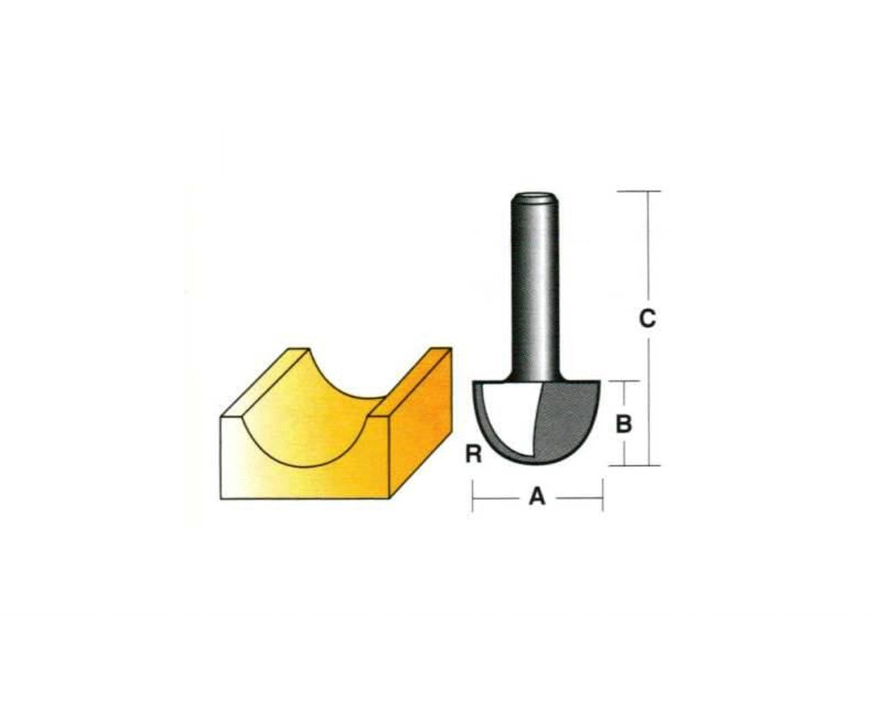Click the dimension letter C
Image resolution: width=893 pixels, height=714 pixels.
tap(647, 319)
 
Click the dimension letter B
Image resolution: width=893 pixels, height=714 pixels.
tap(624, 423)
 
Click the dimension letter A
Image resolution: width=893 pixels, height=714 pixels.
tap(536, 496)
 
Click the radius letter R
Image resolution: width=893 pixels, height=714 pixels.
tap(473, 455)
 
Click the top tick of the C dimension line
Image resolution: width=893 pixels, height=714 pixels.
tap(648, 191)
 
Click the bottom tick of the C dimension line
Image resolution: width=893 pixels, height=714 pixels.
tap(648, 465)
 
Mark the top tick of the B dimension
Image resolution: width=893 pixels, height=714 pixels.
tap(623, 381)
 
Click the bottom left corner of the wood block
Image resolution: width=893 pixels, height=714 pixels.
tap(222, 498)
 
